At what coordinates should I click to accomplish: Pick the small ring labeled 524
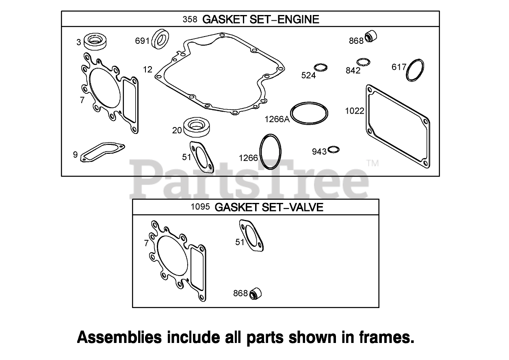click(321, 67)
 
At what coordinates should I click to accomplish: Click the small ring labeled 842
click(363, 62)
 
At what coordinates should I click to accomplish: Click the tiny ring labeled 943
click(334, 150)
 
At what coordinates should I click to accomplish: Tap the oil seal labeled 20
click(196, 127)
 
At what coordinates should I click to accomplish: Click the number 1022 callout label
click(355, 110)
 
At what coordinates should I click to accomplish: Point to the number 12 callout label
click(148, 69)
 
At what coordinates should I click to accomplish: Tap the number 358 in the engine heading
click(190, 19)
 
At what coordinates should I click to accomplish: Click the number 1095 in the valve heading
click(200, 207)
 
